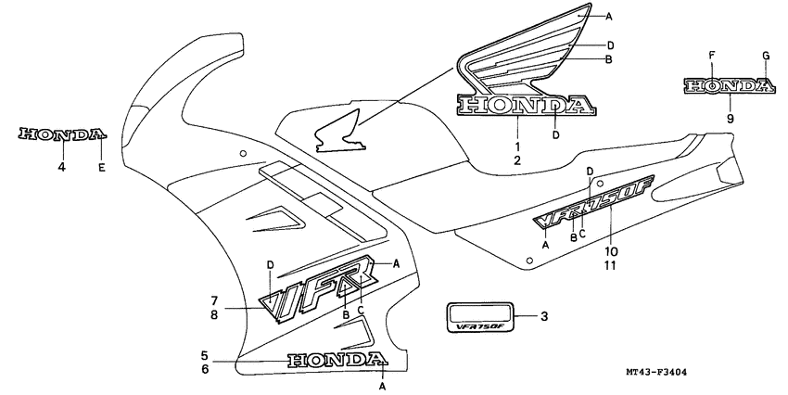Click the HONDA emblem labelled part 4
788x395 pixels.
(x=61, y=134)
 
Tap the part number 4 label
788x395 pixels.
(x=61, y=168)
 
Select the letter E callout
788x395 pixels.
(x=101, y=168)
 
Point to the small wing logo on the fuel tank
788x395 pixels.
(x=339, y=133)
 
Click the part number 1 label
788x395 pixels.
(x=517, y=147)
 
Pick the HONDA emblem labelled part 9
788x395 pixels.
(x=729, y=87)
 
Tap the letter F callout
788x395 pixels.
(x=711, y=57)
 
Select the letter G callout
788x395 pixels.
(x=766, y=57)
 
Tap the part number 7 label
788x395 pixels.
(x=213, y=300)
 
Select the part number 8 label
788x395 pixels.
(x=213, y=314)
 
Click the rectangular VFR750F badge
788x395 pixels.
(x=480, y=317)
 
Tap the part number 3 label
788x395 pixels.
(x=544, y=317)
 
